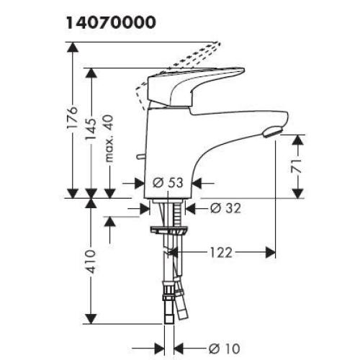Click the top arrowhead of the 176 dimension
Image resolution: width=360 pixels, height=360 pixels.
(73, 46)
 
